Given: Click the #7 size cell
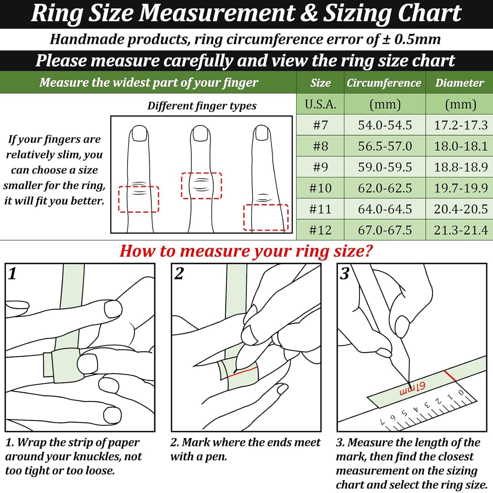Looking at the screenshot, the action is pos(320,125).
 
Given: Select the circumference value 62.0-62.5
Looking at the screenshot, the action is pos(385,188).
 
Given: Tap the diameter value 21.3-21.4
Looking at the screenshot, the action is pos(461,230).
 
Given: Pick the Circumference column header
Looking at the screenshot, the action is pos(384,83).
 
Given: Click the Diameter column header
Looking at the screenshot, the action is pos(460,83).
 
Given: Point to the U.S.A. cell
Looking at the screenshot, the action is pos(320,104).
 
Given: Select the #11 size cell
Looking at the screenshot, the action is pos(320,209).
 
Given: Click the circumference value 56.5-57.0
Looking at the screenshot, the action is pos(385,146).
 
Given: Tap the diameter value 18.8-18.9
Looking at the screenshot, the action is pos(461,167).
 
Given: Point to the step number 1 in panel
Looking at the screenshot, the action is pos(12,274).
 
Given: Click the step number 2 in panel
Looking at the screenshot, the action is pos(178,274).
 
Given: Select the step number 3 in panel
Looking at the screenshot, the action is pos(344,274).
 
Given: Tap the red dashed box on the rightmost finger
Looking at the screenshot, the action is pos(266,217).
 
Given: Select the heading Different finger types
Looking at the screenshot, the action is pos(202,106).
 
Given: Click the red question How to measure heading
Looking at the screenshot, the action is pos(246,251).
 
